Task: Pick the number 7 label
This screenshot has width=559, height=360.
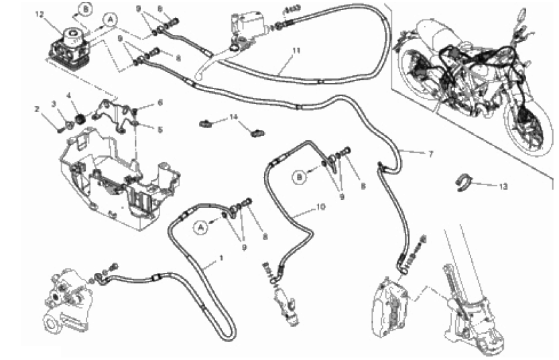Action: (x=430, y=154)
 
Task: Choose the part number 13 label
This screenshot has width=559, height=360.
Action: (x=503, y=186)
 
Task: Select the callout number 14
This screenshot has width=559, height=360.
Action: (x=233, y=117)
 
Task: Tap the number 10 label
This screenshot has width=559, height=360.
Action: (x=320, y=207)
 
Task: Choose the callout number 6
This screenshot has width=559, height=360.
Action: (x=160, y=103)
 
